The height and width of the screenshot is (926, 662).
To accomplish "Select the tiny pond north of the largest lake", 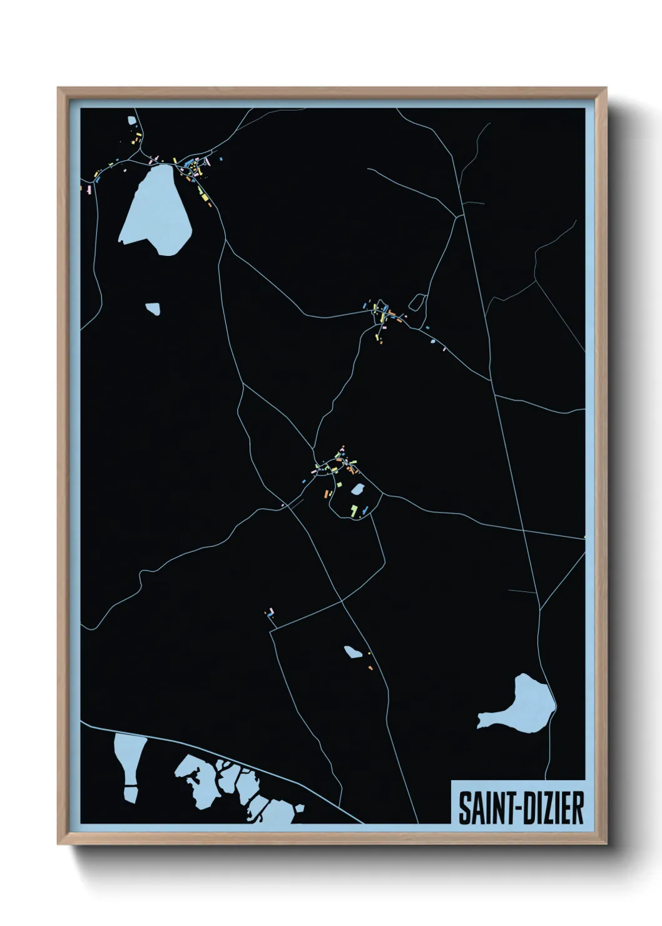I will (x=131, y=120).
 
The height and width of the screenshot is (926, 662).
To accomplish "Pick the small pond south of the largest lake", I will (x=153, y=308).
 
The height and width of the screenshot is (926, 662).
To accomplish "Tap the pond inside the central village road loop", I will (x=358, y=488).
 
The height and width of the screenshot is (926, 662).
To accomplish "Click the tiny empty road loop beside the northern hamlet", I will (x=417, y=302).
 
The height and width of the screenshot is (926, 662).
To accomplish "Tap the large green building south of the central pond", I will (x=354, y=511).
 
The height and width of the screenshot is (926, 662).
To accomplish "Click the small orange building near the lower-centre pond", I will (x=370, y=668).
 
